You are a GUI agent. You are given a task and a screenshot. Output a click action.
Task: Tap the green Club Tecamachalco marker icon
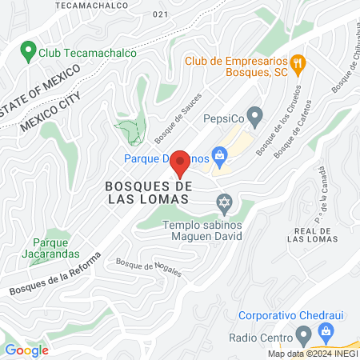tap(29, 54)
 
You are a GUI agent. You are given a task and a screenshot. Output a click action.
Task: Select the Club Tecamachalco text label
tap(86, 54)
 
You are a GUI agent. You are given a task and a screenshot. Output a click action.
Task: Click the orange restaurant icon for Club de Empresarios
tap(297, 62)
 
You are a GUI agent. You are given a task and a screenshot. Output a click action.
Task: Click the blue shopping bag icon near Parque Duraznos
tap(218, 154)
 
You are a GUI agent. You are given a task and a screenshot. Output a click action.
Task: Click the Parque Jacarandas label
tap(56, 248)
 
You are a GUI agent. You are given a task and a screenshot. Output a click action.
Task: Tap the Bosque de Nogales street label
tap(148, 266)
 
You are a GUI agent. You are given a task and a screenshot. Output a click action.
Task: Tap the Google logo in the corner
tap(26, 350)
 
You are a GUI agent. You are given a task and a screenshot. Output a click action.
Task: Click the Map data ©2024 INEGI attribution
tap(311, 354)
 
